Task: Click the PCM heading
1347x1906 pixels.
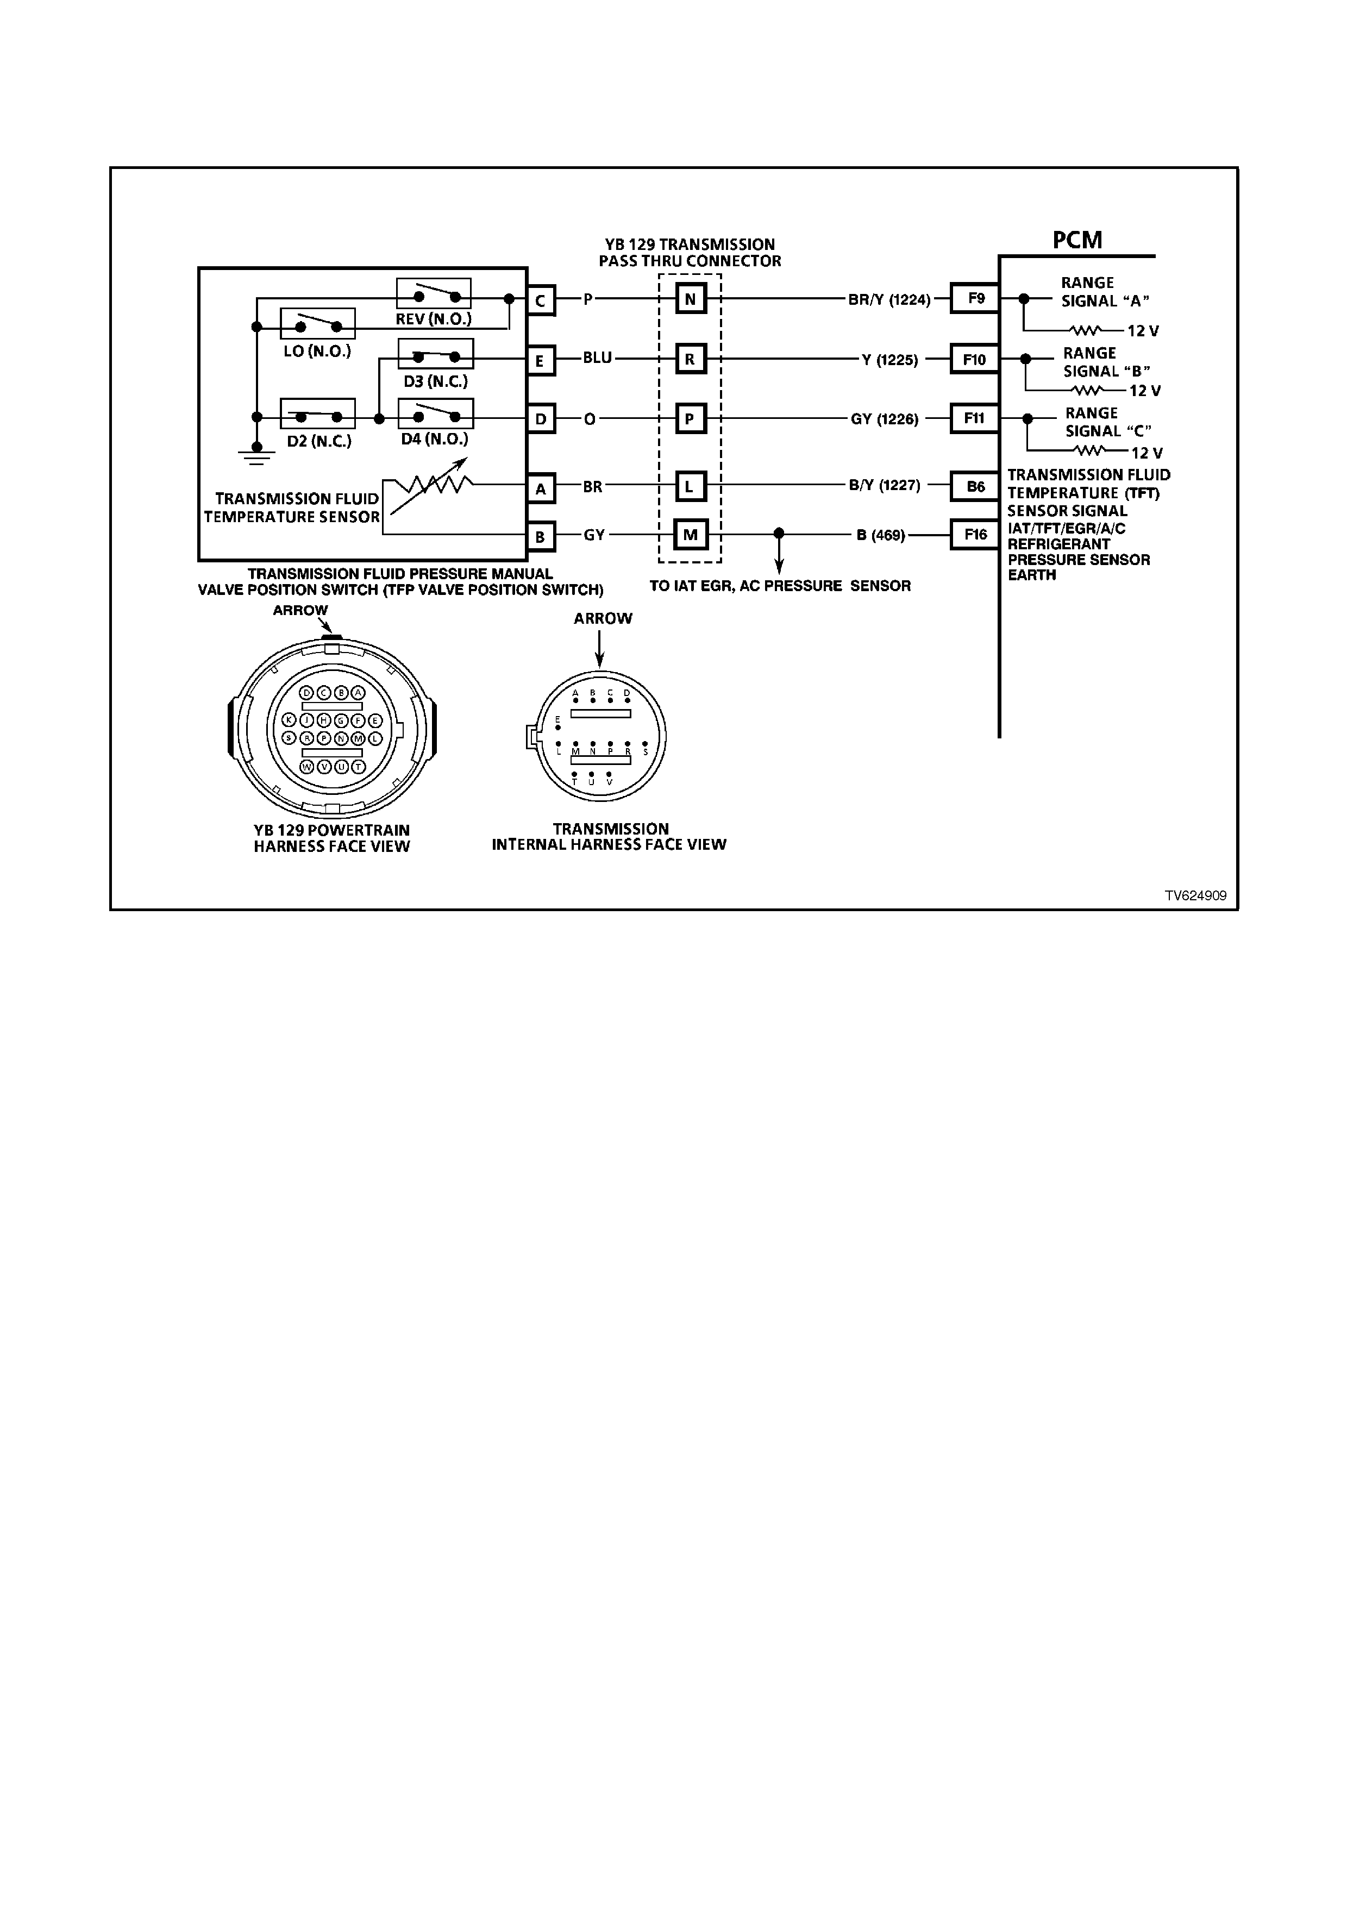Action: (x=1077, y=240)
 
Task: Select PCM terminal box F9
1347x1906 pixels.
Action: (x=975, y=298)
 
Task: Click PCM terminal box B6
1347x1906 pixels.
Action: (x=975, y=486)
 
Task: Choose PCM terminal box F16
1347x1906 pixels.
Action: (x=975, y=535)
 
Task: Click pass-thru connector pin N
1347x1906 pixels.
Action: (x=690, y=299)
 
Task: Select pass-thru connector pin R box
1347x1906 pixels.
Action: (x=690, y=360)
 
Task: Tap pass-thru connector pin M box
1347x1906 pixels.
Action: (x=690, y=535)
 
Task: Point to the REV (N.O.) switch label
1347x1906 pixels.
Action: (x=433, y=319)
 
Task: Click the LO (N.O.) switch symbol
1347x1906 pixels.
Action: (x=318, y=324)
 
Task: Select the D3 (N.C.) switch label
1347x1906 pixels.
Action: (x=436, y=382)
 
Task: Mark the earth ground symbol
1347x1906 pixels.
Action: (x=256, y=454)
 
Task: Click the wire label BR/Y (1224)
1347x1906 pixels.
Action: (x=889, y=300)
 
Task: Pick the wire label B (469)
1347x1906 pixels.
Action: (x=881, y=535)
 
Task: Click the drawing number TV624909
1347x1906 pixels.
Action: (x=1195, y=896)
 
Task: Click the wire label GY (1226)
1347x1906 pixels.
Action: (x=885, y=419)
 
